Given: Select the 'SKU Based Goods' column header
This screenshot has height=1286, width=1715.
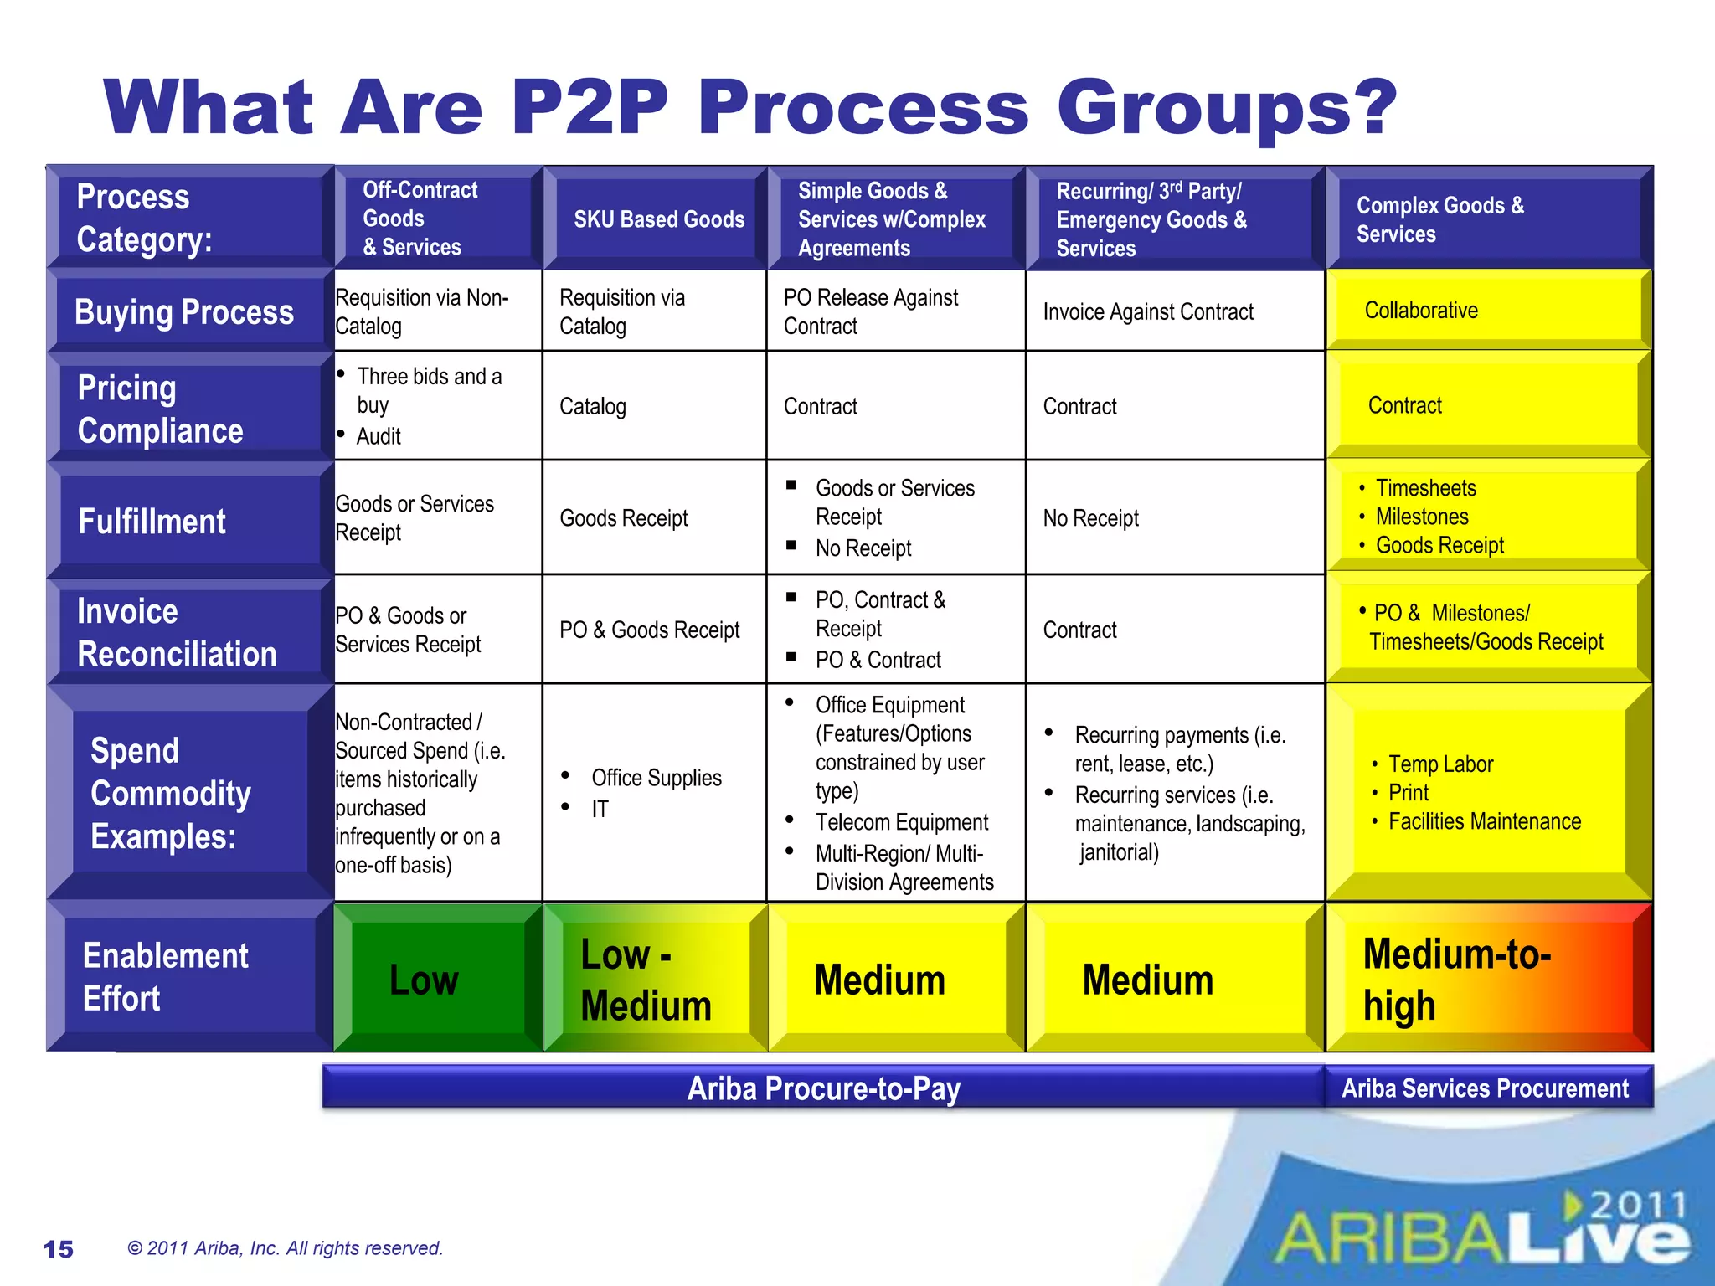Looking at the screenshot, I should click(658, 219).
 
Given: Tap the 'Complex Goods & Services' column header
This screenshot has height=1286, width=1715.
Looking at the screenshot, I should click(1439, 219).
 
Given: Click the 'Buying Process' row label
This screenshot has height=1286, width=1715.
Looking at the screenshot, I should click(184, 312).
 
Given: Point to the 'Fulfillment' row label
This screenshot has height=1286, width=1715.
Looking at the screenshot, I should click(152, 522).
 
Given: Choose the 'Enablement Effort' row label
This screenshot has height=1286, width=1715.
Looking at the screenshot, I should click(165, 977).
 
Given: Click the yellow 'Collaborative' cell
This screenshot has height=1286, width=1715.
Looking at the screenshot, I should click(1421, 311).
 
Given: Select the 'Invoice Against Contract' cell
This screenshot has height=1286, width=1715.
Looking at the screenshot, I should click(1148, 312).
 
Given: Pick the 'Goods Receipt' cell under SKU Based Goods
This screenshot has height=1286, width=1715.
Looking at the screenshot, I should click(624, 518).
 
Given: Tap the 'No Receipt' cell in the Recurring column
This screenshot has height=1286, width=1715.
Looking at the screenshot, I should click(1090, 518).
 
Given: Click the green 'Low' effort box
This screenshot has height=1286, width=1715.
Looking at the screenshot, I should click(425, 980).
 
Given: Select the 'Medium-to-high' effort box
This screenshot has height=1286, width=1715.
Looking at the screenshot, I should click(1457, 980).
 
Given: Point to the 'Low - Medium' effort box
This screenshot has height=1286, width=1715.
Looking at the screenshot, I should click(646, 980).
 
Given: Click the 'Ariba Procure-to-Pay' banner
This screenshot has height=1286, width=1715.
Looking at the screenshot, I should click(823, 1088).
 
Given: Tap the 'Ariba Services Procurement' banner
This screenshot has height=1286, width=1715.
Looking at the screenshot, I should click(1485, 1088).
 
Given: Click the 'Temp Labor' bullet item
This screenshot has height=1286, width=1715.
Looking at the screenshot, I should click(1440, 764).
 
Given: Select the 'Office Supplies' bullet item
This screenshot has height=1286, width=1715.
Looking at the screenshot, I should click(656, 778).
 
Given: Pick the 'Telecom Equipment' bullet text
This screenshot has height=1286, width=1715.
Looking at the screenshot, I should click(902, 822).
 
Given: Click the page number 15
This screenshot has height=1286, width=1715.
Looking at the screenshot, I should click(59, 1249).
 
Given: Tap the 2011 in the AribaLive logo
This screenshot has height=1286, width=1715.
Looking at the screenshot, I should click(1637, 1206).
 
